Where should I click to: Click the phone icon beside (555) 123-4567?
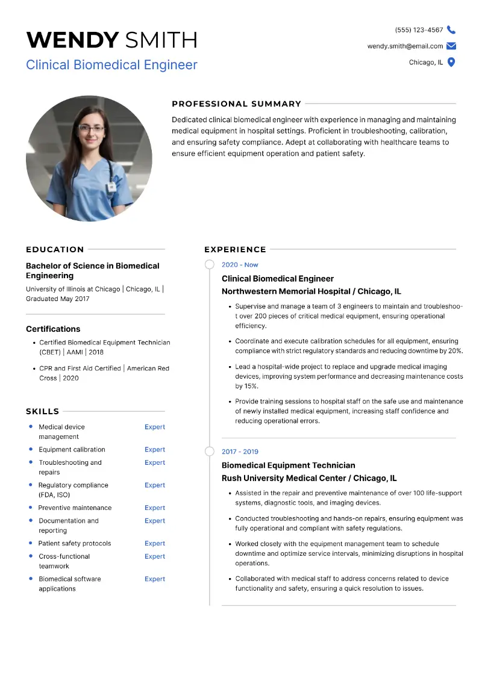point(451,30)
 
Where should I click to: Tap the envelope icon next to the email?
point(451,46)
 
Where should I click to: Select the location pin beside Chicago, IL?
point(451,62)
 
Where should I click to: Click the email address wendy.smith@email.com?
point(405,46)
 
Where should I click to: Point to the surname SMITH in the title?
point(161,40)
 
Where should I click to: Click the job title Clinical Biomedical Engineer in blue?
point(111,64)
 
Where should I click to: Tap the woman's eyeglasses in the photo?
point(91,128)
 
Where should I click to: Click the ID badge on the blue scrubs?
point(111,187)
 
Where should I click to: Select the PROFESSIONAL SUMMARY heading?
point(236,104)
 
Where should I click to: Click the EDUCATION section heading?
point(55,249)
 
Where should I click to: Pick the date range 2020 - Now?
point(240,265)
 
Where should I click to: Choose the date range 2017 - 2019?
point(240,452)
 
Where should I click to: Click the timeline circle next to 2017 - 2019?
point(210,452)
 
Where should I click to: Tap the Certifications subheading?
point(53,329)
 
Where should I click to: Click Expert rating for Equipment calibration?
point(154,450)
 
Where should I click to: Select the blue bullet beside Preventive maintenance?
point(31,508)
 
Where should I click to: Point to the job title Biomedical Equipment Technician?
point(288,465)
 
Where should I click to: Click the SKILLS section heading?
point(42,411)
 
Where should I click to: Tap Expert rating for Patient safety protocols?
point(154,544)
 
